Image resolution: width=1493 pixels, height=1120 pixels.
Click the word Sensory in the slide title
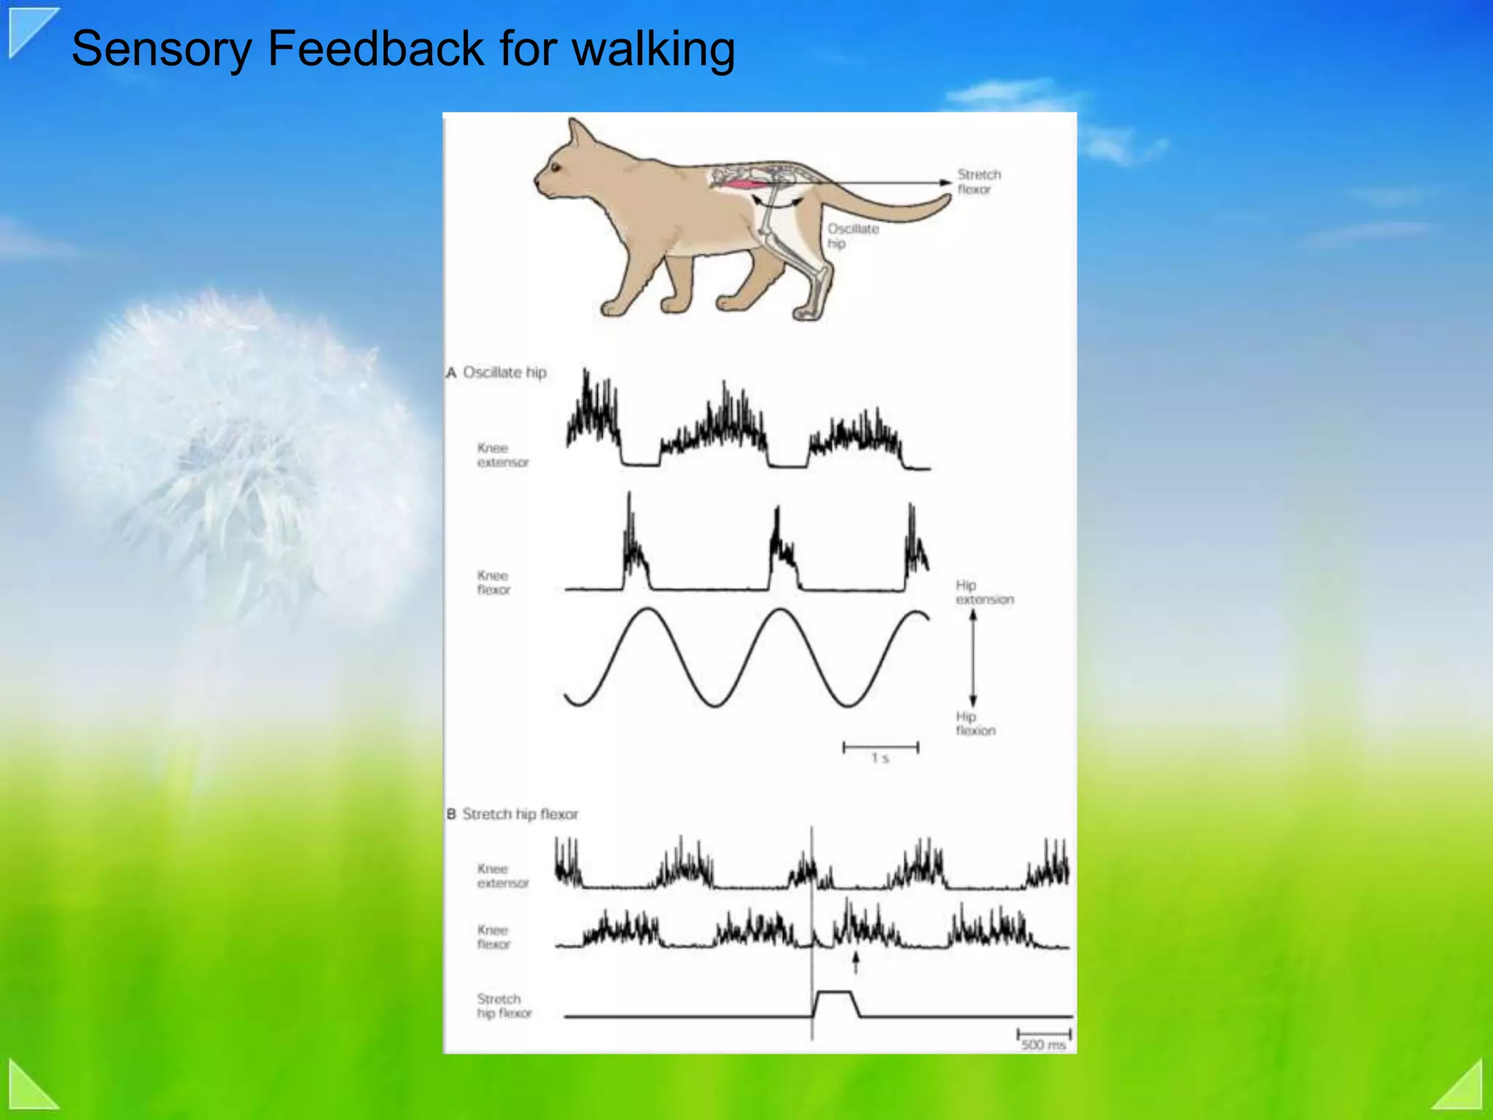pyautogui.click(x=161, y=50)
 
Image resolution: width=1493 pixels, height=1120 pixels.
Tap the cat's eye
pyautogui.click(x=556, y=168)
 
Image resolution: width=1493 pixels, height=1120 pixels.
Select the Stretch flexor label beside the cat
pyautogui.click(x=978, y=182)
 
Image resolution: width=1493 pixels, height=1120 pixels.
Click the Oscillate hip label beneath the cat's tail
pyautogui.click(x=852, y=236)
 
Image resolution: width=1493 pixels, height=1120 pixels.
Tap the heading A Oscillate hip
pyautogui.click(x=497, y=373)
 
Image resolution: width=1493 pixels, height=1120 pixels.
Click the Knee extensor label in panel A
pyautogui.click(x=502, y=455)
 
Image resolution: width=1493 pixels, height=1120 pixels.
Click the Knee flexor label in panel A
pyautogui.click(x=494, y=583)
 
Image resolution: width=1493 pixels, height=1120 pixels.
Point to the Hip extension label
pyautogui.click(x=983, y=592)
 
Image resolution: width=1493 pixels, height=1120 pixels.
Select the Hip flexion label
pyautogui.click(x=975, y=723)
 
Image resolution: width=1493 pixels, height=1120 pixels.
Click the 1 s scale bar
pyautogui.click(x=880, y=747)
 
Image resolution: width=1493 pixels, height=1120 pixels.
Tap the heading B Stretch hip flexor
pyautogui.click(x=513, y=814)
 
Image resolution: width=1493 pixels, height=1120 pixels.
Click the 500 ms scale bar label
pyautogui.click(x=1043, y=1044)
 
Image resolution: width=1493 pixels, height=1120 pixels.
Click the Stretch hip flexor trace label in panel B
pyautogui.click(x=504, y=1006)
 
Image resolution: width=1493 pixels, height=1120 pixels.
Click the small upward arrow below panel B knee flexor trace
pyautogui.click(x=856, y=962)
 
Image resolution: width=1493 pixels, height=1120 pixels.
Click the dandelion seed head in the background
pyautogui.click(x=233, y=452)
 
